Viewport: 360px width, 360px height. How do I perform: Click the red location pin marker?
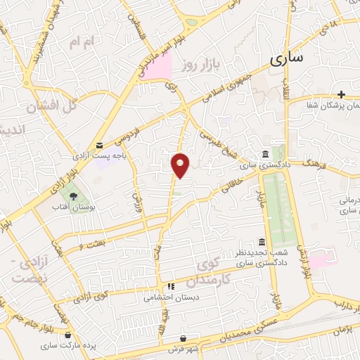pyautogui.click(x=181, y=165)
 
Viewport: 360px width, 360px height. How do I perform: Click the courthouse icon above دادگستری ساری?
pyautogui.click(x=264, y=155)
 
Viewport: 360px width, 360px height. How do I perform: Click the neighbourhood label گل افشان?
pyautogui.click(x=51, y=108)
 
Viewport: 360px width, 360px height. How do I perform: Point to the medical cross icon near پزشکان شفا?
pyautogui.click(x=341, y=94)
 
